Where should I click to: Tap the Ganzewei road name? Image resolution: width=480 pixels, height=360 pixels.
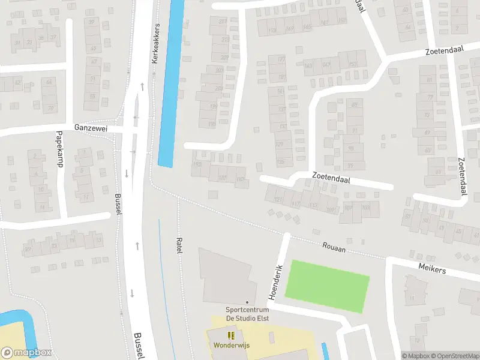click(x=90, y=128)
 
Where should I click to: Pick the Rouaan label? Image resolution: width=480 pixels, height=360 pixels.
click(x=334, y=246)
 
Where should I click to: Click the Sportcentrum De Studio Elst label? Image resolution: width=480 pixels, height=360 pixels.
click(x=247, y=314)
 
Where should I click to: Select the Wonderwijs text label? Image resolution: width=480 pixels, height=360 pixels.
click(x=231, y=345)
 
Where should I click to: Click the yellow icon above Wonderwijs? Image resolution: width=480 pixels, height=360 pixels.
click(x=231, y=335)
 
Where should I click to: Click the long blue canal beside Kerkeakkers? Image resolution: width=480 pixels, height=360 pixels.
click(x=171, y=84)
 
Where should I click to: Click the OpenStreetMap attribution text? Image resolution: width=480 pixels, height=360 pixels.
click(x=454, y=356)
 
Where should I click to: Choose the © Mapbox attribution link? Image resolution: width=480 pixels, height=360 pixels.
click(x=416, y=356)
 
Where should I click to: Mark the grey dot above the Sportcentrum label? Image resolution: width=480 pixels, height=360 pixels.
click(x=247, y=302)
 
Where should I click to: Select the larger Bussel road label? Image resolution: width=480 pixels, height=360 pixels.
click(x=139, y=345)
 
